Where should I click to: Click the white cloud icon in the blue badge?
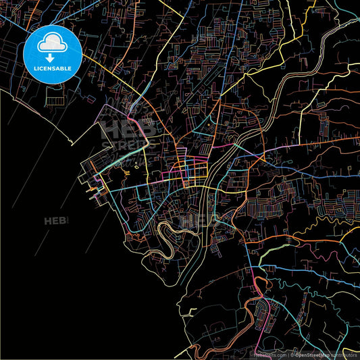coord(52,43)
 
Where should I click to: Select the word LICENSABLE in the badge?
coord(52,69)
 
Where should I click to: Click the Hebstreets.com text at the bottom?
coord(269,354)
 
